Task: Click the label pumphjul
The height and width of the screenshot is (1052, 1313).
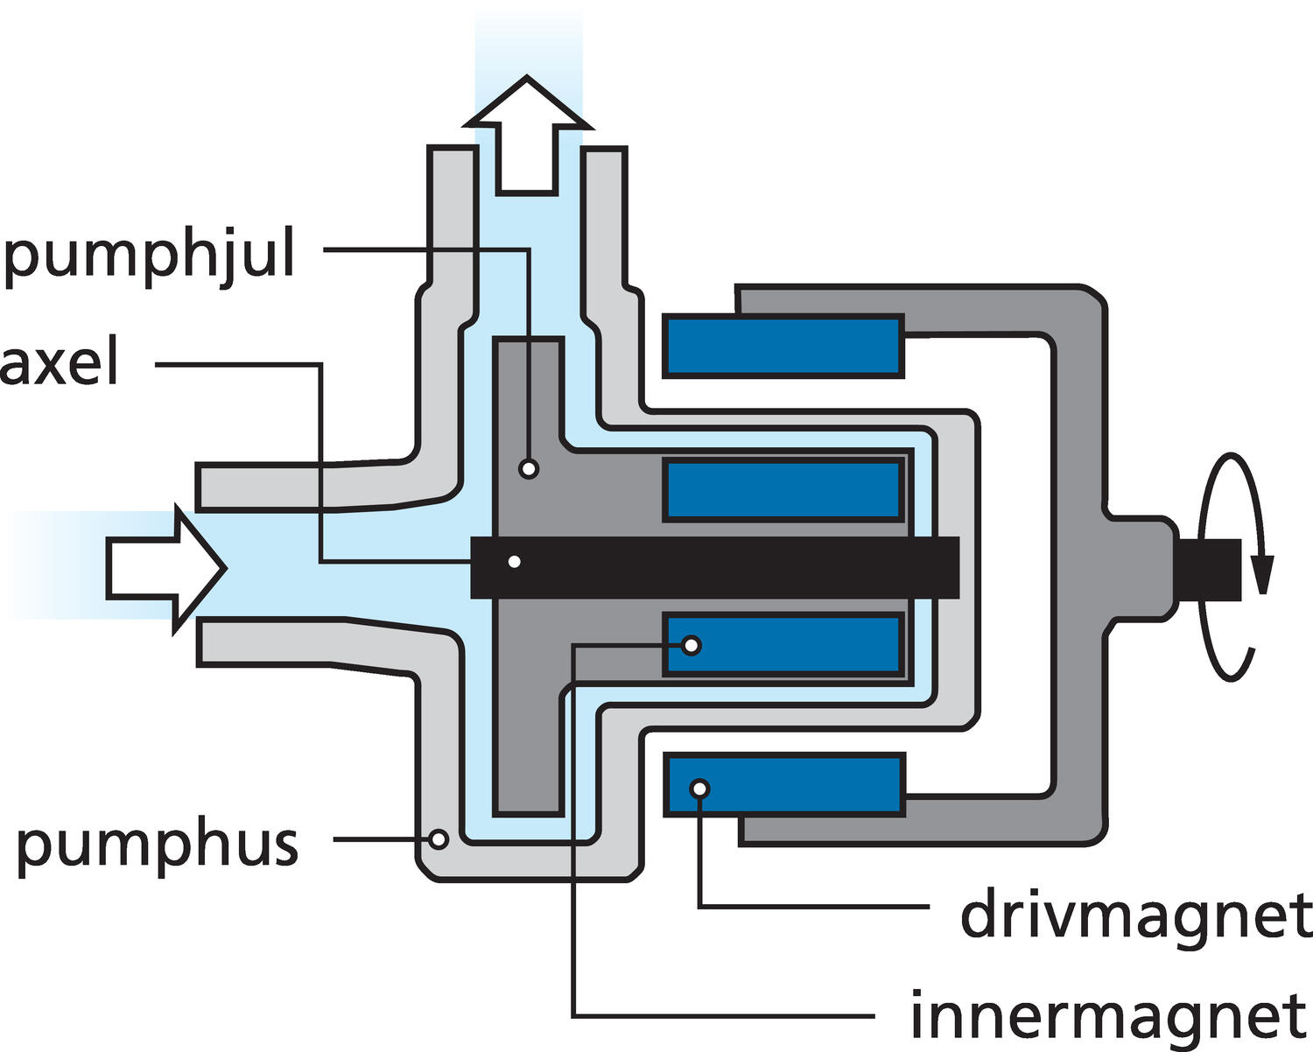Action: tap(149, 256)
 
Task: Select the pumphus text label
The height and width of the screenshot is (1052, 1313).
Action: tap(158, 845)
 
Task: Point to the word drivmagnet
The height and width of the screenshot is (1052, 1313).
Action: tap(1135, 915)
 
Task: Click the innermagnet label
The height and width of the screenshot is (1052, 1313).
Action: tap(1108, 1015)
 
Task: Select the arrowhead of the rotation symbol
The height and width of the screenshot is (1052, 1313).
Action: tap(1261, 573)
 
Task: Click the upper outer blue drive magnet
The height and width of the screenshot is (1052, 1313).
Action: tap(783, 346)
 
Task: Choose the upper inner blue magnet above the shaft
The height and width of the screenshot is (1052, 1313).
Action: tap(783, 489)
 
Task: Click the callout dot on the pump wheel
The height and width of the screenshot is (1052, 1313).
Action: tap(528, 469)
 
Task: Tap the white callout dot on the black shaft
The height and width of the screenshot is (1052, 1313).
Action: tap(515, 562)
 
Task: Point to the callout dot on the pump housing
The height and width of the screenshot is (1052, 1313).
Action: tap(439, 839)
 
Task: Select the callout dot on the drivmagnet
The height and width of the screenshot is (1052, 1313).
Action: tap(699, 789)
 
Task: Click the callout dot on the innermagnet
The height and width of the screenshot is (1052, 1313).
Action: tap(692, 646)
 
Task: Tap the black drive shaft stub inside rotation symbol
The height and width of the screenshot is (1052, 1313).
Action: tap(1212, 569)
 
